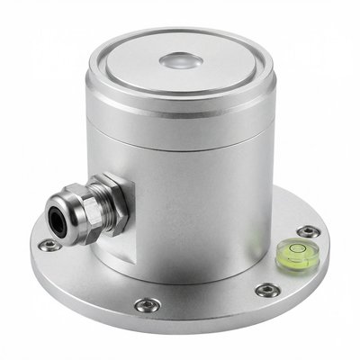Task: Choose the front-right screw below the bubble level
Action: tap(267, 290)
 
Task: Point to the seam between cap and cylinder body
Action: tap(180, 145)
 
